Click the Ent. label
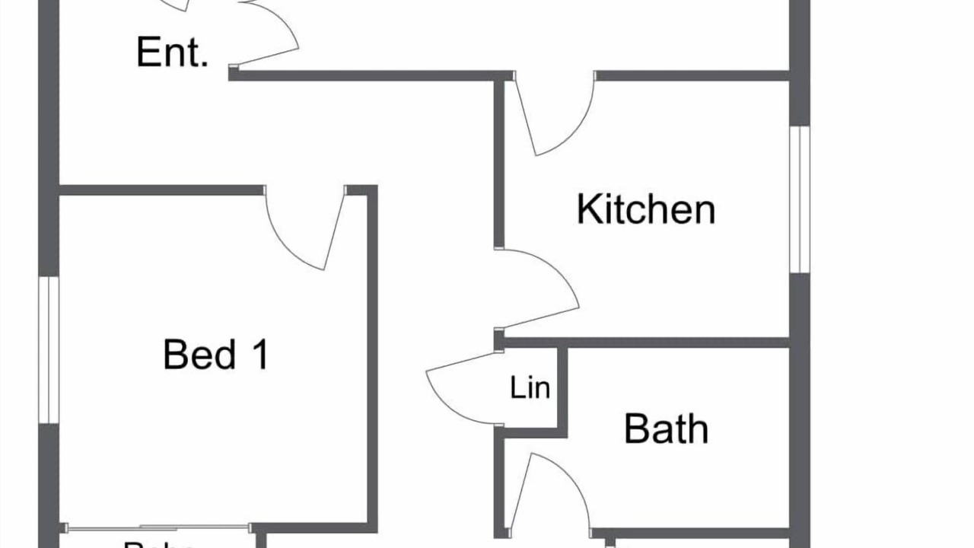[172, 53]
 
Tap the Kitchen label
[646, 209]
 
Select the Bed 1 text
[215, 355]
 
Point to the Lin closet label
[530, 388]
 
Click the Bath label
[666, 429]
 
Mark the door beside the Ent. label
[266, 34]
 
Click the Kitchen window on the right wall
[799, 199]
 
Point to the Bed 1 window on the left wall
[49, 350]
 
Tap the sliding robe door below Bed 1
[158, 527]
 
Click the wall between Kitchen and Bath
[647, 342]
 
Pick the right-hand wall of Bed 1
[372, 358]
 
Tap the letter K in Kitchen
[586, 209]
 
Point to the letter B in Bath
[635, 429]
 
